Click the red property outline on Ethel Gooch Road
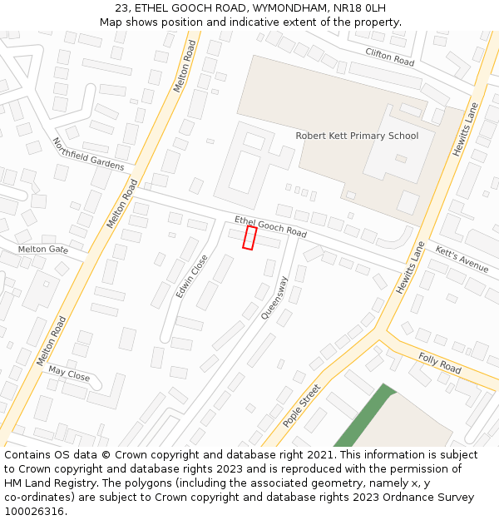[x=249, y=237]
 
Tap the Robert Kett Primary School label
[x=357, y=136]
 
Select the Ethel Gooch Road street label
[x=270, y=226]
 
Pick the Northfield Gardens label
[x=87, y=154]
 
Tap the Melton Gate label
[x=43, y=250]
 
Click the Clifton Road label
[x=389, y=57]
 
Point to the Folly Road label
[x=439, y=363]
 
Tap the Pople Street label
[x=301, y=405]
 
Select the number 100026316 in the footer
[x=35, y=511]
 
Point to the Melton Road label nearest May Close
[x=51, y=342]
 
